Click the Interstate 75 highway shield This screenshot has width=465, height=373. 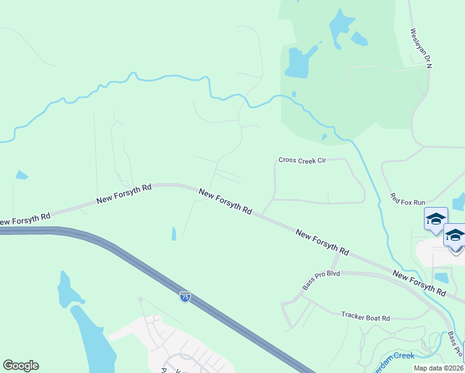[185, 297]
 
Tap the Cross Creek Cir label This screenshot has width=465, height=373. [302, 160]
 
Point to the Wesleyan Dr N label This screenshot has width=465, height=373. [420, 48]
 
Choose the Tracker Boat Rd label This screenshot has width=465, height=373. [365, 317]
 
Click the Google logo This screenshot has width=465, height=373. [21, 366]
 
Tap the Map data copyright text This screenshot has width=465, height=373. [438, 368]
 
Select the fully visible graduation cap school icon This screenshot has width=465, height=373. [436, 219]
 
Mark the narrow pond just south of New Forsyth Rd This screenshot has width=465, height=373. [174, 234]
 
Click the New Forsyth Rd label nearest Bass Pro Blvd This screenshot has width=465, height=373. [322, 244]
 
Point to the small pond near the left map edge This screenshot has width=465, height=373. [22, 175]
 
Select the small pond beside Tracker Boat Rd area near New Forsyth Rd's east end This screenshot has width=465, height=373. [441, 277]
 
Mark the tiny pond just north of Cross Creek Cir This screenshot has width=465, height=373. [324, 137]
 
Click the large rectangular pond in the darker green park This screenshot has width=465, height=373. [297, 62]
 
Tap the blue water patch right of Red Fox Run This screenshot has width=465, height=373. [459, 201]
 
